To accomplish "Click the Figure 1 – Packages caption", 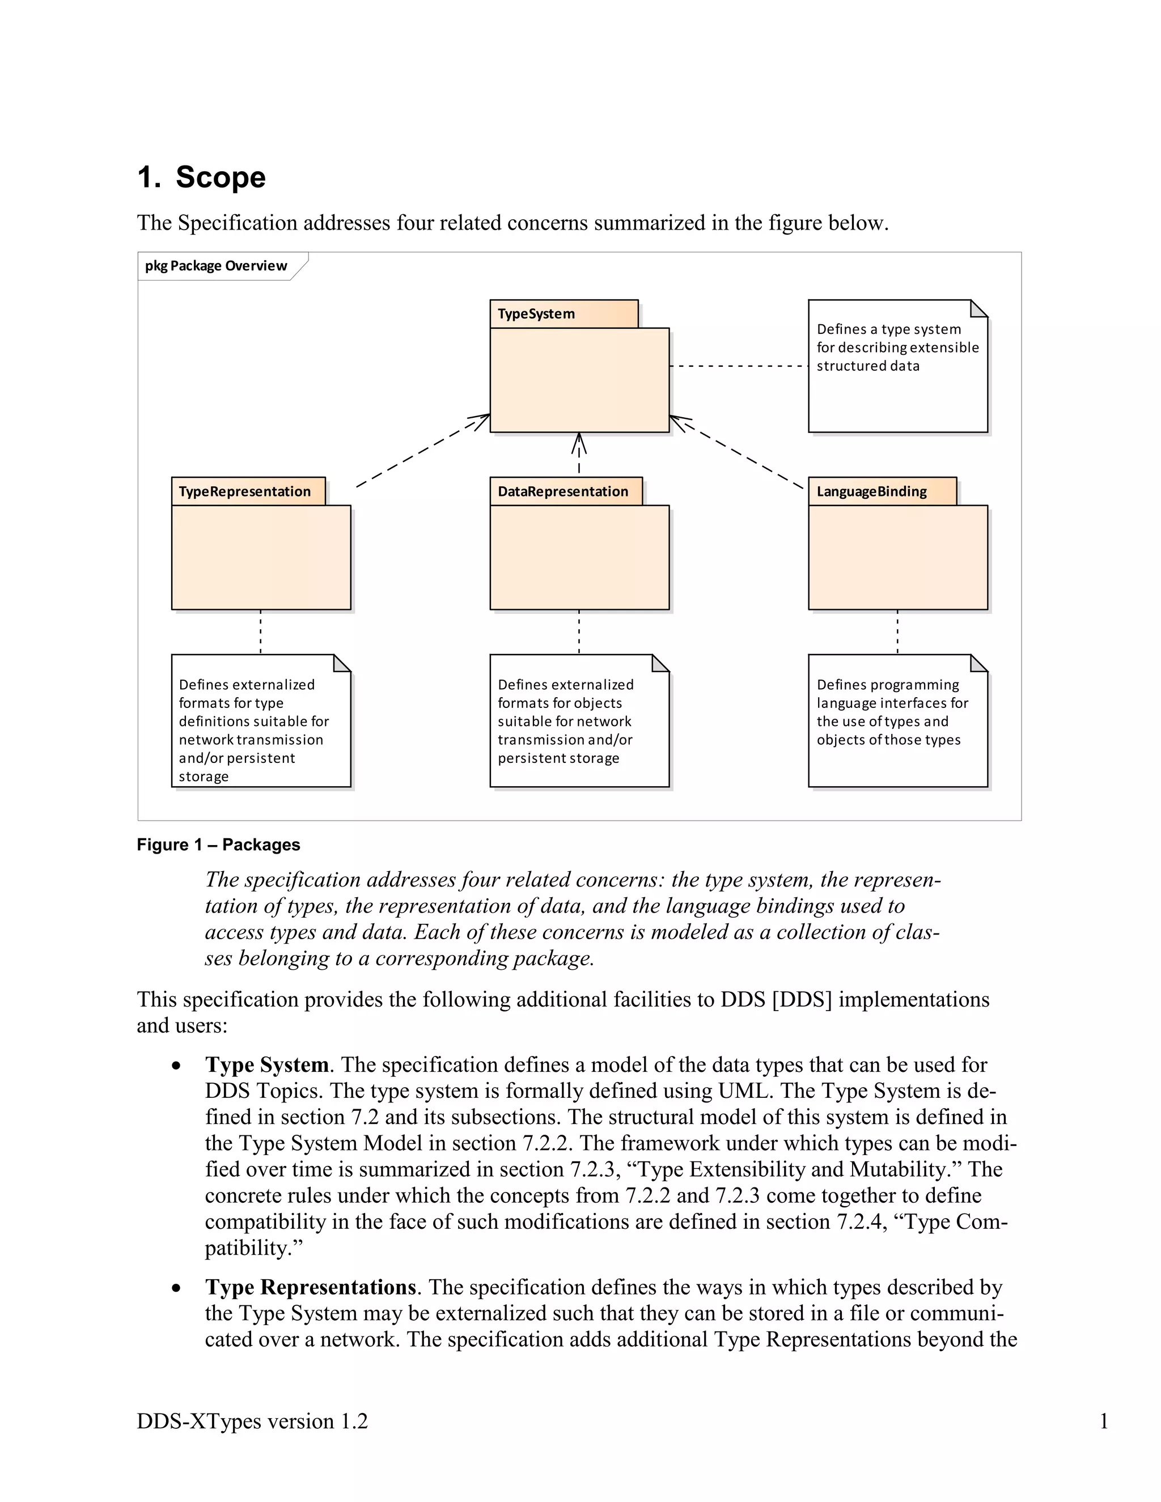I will [x=218, y=845].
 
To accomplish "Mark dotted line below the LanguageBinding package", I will [x=897, y=631].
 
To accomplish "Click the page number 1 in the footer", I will [x=1103, y=1421].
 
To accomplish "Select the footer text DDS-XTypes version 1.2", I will [x=252, y=1421].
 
